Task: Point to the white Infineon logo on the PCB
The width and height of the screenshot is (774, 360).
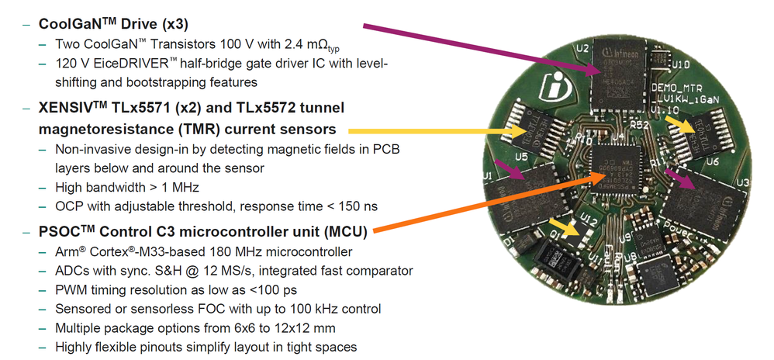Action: pyautogui.click(x=555, y=83)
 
